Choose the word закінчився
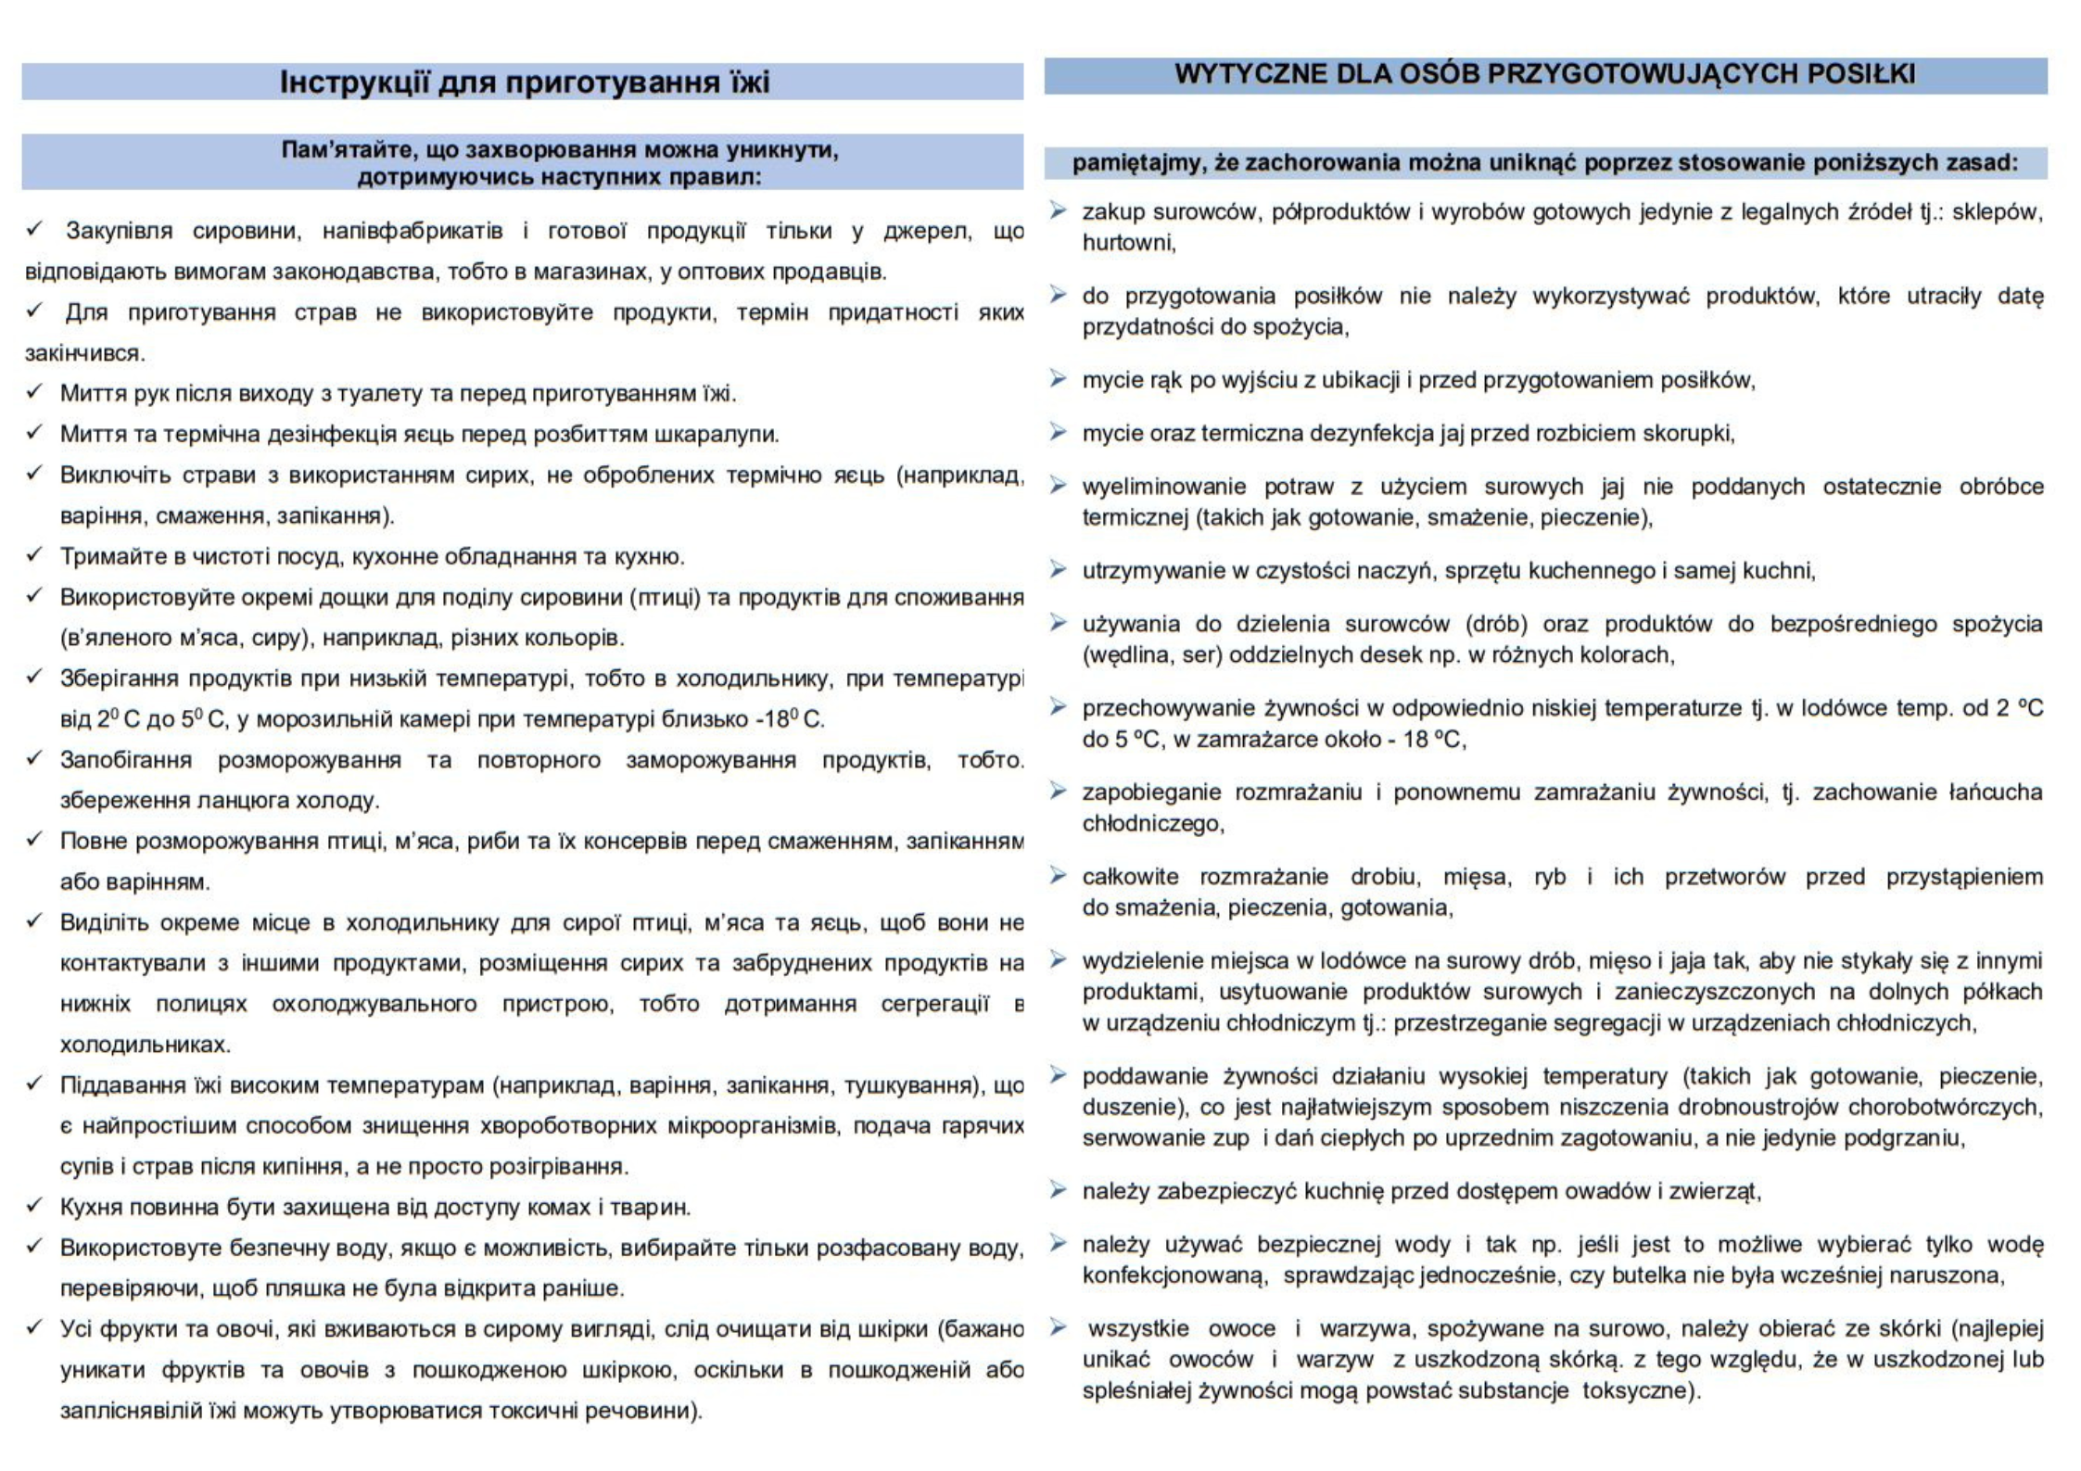(84, 353)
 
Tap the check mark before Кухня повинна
(34, 1205)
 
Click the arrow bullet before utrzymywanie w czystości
(1057, 569)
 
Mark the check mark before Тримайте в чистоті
(34, 554)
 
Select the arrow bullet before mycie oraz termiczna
(1057, 432)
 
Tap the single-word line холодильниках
(145, 1045)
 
